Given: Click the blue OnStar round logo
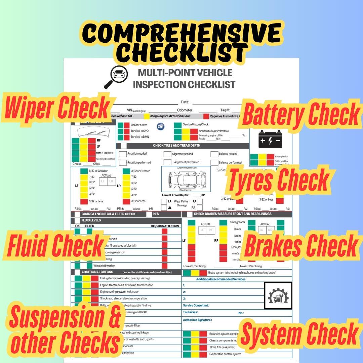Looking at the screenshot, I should point(161,127).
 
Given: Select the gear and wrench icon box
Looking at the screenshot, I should point(278,295).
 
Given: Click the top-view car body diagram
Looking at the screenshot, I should point(186,178).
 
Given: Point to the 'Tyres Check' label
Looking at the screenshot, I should point(278,179).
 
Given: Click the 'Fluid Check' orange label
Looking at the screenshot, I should point(55,245).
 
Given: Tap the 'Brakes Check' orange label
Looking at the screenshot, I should point(300,245).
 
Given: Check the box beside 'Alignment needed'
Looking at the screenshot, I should point(167,154).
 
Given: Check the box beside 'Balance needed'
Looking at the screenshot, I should point(214,154).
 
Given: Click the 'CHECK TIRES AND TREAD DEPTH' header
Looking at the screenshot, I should point(176,146).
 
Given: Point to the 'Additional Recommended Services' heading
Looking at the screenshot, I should point(221,279).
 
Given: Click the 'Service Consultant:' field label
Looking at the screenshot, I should point(196,306).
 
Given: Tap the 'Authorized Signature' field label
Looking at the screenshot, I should point(197,320).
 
